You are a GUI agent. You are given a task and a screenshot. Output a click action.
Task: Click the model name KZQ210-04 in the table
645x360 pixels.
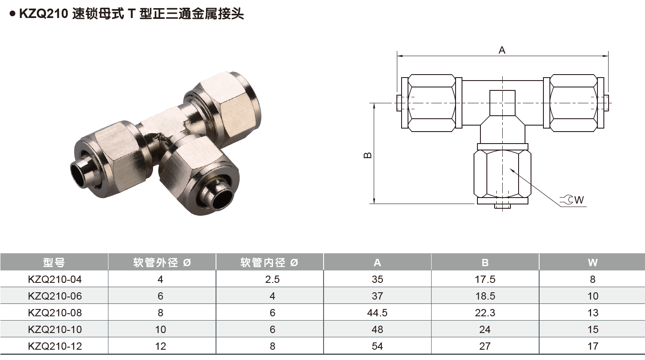point(54,279)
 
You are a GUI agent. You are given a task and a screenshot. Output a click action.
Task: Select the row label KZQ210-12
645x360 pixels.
point(54,346)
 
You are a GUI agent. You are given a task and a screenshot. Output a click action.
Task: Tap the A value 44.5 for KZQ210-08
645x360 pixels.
point(377,313)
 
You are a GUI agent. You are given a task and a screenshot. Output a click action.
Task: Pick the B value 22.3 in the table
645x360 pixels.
point(485,313)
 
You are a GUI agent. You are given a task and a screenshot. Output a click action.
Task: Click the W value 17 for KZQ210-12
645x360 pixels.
point(593,346)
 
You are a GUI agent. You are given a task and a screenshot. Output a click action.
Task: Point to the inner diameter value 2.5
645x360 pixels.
point(272,279)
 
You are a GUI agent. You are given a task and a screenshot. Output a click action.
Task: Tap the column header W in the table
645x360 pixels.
point(593,262)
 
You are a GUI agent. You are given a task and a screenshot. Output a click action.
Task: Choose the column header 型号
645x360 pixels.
point(54,262)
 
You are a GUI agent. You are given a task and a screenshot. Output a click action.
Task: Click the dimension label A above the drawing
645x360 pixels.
point(502,50)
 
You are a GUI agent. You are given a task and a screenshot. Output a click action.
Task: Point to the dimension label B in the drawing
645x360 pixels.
point(368,155)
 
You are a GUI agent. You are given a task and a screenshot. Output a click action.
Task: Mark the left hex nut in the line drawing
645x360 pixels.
point(432,103)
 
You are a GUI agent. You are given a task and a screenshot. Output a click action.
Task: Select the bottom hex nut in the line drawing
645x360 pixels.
point(502,174)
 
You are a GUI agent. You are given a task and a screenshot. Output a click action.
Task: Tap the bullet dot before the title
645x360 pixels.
point(12,14)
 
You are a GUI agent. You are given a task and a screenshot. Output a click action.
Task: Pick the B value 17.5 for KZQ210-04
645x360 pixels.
point(485,279)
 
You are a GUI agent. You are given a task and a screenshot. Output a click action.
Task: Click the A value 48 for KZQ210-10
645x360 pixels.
point(377,330)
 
